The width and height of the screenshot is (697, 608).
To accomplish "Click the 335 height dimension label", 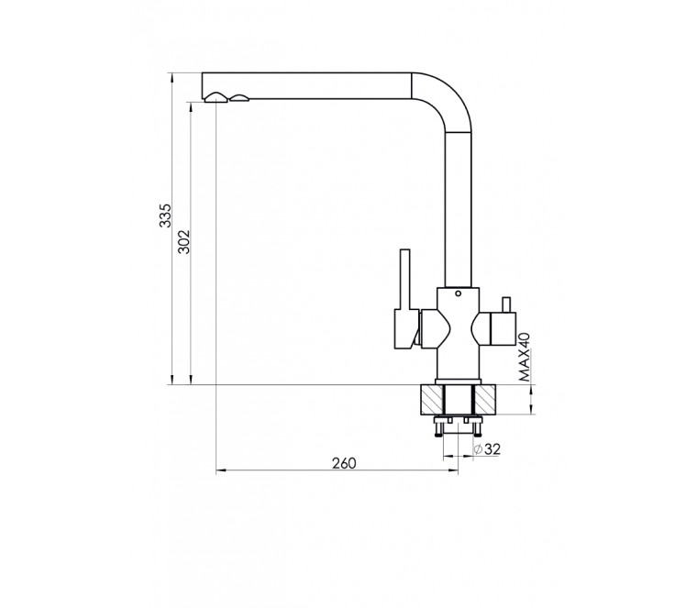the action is click(x=165, y=216).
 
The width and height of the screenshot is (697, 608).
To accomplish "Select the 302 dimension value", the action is click(x=184, y=242).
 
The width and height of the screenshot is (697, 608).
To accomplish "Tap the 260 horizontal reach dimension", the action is click(x=344, y=463).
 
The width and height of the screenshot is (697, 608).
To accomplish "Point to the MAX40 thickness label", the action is click(x=525, y=357).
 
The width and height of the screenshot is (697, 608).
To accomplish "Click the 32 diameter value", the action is click(x=492, y=448).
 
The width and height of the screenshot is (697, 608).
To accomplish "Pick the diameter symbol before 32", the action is click(x=479, y=449).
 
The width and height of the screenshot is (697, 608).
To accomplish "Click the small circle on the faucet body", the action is click(x=458, y=293).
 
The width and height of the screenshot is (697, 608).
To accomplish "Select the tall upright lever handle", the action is click(x=404, y=280).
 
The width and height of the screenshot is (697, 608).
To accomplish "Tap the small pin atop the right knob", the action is click(x=505, y=304).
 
